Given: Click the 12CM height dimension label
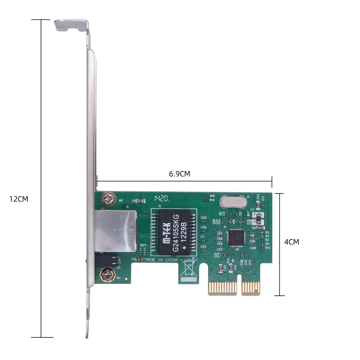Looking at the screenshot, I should [18, 198].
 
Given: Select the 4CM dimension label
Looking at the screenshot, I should [292, 242].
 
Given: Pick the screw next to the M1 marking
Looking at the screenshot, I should [107, 273].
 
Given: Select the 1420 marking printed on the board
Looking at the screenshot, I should [162, 198].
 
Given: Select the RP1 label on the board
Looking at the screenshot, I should [143, 245].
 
